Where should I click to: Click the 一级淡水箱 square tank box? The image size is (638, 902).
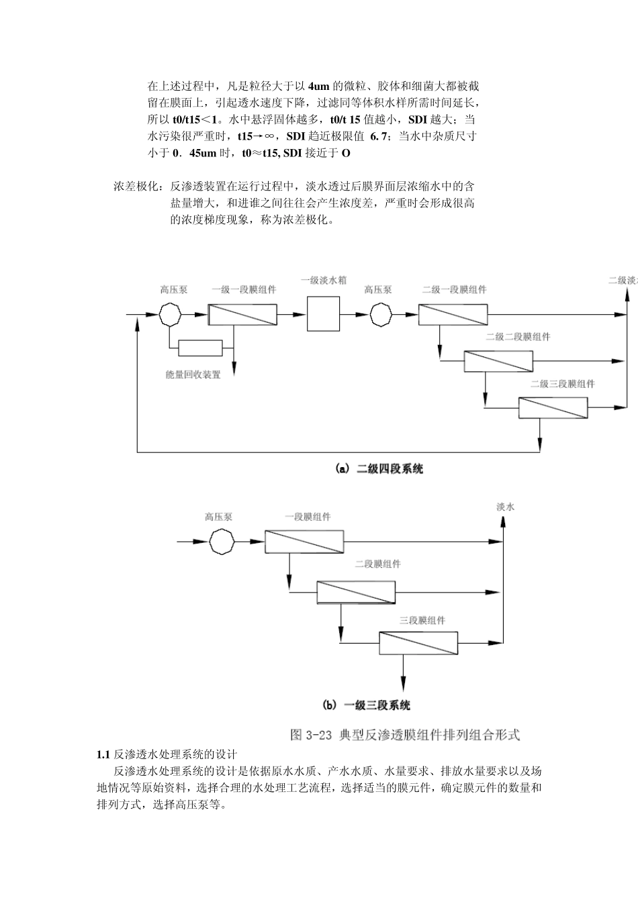tap(323, 314)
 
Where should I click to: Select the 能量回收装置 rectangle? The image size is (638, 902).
tap(200, 347)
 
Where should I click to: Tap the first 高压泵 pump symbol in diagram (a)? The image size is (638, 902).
tap(171, 314)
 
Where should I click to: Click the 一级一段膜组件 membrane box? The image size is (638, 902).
tap(242, 314)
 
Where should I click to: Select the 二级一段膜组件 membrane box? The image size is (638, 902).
tap(453, 314)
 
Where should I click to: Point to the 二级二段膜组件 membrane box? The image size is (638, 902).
tap(498, 361)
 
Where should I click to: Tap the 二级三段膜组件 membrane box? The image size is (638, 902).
tap(553, 407)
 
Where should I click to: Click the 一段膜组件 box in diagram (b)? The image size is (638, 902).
tap(304, 541)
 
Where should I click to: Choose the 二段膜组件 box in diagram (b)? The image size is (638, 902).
tap(357, 593)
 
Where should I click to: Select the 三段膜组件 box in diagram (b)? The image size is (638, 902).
tap(418, 644)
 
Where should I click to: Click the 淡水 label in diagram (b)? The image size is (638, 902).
tap(506, 507)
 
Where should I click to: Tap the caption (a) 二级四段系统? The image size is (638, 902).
tap(379, 470)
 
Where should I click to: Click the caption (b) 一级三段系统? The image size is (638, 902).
tap(367, 705)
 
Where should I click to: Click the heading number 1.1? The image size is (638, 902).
tap(103, 754)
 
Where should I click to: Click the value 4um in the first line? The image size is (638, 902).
tap(319, 86)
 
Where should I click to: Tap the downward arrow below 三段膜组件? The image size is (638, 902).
tap(403, 678)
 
